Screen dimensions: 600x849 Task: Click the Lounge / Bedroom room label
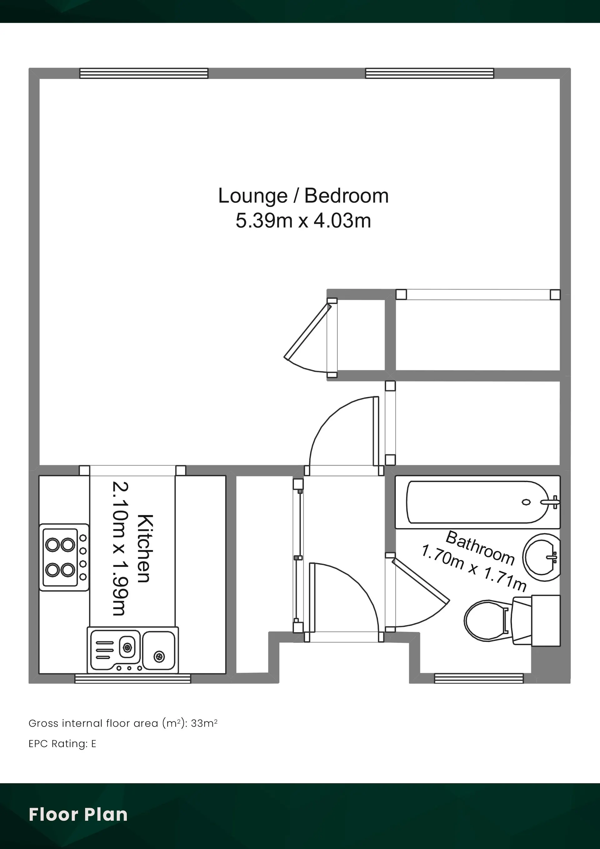tap(303, 196)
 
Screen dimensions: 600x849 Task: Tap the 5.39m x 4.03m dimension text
tap(303, 221)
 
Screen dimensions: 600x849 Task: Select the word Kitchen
tap(145, 548)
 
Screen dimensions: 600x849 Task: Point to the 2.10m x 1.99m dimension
tap(121, 548)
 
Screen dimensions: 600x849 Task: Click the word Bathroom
tap(480, 548)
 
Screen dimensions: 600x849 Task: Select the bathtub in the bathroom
tap(477, 502)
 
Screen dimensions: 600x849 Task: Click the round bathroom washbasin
tap(542, 557)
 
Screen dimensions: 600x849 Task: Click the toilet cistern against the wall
tap(546, 620)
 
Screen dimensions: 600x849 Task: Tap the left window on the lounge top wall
tap(144, 73)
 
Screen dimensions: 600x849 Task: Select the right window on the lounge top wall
tap(430, 73)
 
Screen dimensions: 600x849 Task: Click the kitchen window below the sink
tap(133, 679)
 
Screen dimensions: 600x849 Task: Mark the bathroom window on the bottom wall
tap(479, 679)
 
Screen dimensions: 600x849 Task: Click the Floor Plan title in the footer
tap(78, 815)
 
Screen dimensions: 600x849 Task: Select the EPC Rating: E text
tap(62, 744)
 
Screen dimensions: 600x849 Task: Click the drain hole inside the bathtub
tap(526, 502)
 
